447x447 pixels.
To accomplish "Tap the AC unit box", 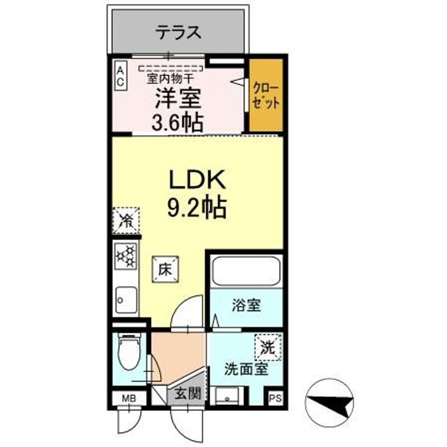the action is click(120, 77).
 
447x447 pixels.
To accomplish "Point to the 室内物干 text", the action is click(170, 78).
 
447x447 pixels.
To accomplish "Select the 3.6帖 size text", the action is click(178, 122).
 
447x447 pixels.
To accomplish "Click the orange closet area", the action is click(266, 95).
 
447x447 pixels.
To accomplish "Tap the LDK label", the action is click(197, 179).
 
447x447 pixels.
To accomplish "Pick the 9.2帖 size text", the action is click(197, 208).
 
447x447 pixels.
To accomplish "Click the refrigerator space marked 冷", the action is click(125, 220).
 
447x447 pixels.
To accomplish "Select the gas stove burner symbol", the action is click(125, 256).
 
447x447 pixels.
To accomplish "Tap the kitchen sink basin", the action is click(126, 300).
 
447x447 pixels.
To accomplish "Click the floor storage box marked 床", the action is click(165, 269).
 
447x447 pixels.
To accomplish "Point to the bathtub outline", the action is click(246, 271).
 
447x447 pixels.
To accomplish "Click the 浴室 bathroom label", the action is click(246, 305).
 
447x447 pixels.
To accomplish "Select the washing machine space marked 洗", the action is click(268, 347).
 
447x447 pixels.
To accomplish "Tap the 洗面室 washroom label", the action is click(246, 369).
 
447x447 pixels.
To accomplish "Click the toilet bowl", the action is click(129, 353).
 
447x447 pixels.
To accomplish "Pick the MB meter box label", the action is click(129, 398).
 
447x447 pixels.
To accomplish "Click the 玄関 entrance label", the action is click(188, 394).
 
